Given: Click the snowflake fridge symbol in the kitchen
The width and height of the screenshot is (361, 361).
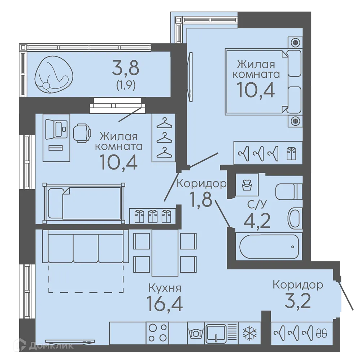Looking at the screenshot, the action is pyautogui.click(x=250, y=333).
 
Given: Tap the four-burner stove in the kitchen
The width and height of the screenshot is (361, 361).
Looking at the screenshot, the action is pyautogui.click(x=157, y=333).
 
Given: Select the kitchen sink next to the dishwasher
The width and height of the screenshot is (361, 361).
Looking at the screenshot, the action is pyautogui.click(x=216, y=333).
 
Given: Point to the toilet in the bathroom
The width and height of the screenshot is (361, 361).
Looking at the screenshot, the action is pyautogui.click(x=289, y=191).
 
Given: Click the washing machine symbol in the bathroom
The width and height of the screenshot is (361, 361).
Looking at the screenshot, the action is pyautogui.click(x=247, y=184).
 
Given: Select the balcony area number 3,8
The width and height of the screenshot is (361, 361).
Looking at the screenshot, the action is pyautogui.click(x=126, y=68).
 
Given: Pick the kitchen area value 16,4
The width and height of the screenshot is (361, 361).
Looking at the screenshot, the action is pyautogui.click(x=164, y=303).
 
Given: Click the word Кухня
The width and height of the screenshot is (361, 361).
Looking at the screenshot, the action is pyautogui.click(x=165, y=288).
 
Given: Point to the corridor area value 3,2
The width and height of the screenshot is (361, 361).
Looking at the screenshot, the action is pyautogui.click(x=298, y=301).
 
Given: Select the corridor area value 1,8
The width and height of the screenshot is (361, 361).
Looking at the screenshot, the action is pyautogui.click(x=200, y=199).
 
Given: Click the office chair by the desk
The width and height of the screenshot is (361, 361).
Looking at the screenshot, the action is pyautogui.click(x=82, y=133).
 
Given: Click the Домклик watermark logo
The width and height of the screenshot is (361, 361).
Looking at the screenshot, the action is pyautogui.click(x=44, y=345).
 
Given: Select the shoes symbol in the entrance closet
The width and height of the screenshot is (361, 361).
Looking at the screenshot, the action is pyautogui.click(x=322, y=333).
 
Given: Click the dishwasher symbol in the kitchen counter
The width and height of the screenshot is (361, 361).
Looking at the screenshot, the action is pyautogui.click(x=196, y=333).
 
